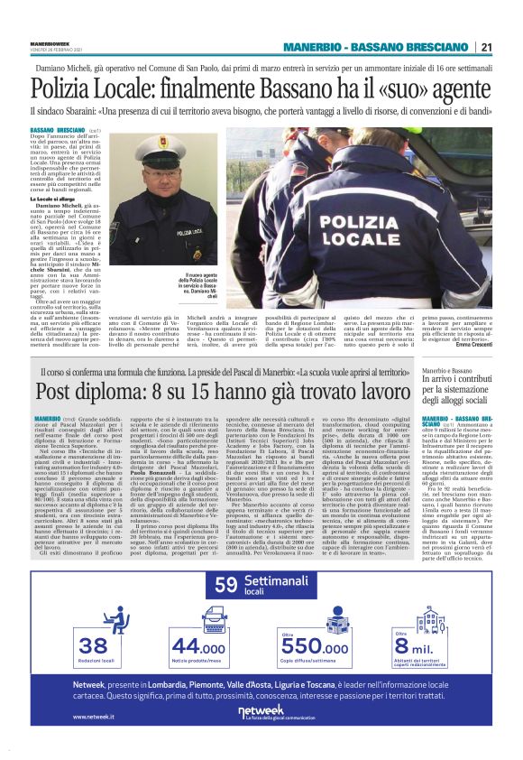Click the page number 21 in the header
point(485,48)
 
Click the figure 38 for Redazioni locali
point(92,645)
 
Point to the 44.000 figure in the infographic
point(199,646)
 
